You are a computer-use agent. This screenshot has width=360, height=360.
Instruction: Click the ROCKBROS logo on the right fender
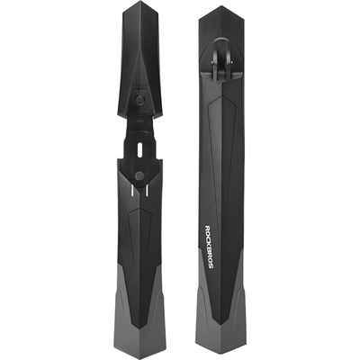point(210,246)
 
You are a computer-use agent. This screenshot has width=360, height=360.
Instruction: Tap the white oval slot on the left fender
point(139,148)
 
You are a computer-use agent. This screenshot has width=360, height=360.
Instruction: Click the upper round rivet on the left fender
point(139,101)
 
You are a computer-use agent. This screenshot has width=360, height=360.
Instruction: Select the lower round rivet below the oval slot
point(139,175)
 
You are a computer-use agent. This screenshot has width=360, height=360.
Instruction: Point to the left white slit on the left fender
point(131,191)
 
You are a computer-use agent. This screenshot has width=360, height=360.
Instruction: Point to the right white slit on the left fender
point(147,191)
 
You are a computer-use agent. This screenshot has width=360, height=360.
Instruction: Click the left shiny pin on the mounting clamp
point(214,62)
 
